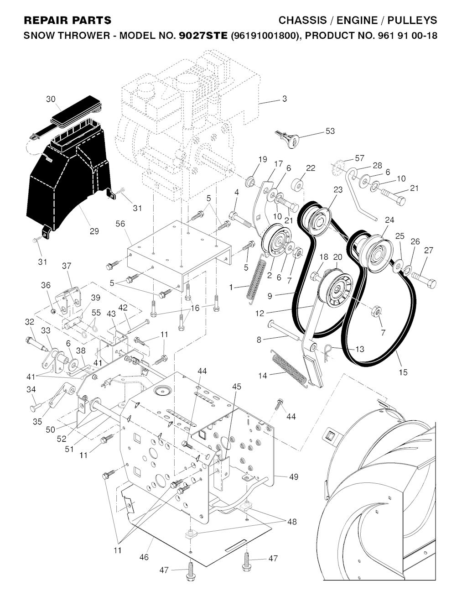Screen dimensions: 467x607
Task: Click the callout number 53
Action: tap(330, 131)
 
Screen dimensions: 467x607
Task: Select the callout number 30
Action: tap(51, 99)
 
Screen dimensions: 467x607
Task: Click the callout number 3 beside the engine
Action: tap(285, 99)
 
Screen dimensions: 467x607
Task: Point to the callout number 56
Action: tap(120, 224)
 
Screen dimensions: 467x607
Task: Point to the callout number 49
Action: tap(294, 476)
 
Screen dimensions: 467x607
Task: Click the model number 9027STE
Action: tap(203, 36)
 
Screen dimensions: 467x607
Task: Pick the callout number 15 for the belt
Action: tap(403, 372)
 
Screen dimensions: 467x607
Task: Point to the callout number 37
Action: tap(67, 266)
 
